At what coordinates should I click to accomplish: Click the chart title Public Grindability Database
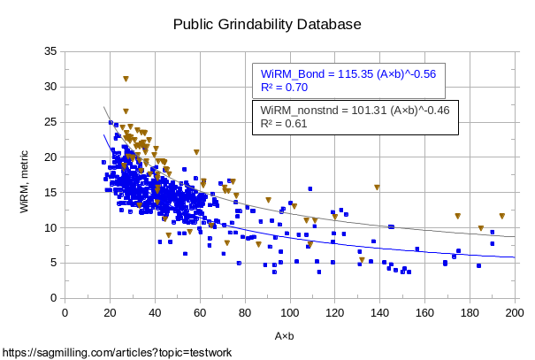pyautogui.click(x=267, y=25)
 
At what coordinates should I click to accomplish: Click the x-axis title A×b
pyautogui.click(x=284, y=337)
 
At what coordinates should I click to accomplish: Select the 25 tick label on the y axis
pyautogui.click(x=51, y=122)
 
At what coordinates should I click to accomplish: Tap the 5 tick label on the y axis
pyautogui.click(x=54, y=263)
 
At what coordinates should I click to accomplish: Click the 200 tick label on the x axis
pyautogui.click(x=515, y=311)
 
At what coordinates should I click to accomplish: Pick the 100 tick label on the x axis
pyautogui.click(x=289, y=311)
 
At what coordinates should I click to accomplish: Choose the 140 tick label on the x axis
pyautogui.click(x=379, y=311)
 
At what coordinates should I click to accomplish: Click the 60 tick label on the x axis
pyautogui.click(x=200, y=311)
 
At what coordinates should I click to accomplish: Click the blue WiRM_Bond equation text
pyautogui.click(x=348, y=73)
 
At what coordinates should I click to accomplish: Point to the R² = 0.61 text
pyautogui.click(x=284, y=124)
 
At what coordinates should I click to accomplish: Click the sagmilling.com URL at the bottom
pyautogui.click(x=118, y=353)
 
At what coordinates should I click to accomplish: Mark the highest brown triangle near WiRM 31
pyautogui.click(x=126, y=79)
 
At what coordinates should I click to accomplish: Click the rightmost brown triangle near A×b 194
pyautogui.click(x=501, y=216)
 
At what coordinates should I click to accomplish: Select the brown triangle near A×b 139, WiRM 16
pyautogui.click(x=377, y=188)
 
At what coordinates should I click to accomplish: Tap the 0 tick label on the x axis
pyautogui.click(x=65, y=311)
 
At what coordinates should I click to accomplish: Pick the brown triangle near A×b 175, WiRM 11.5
pyautogui.click(x=457, y=216)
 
